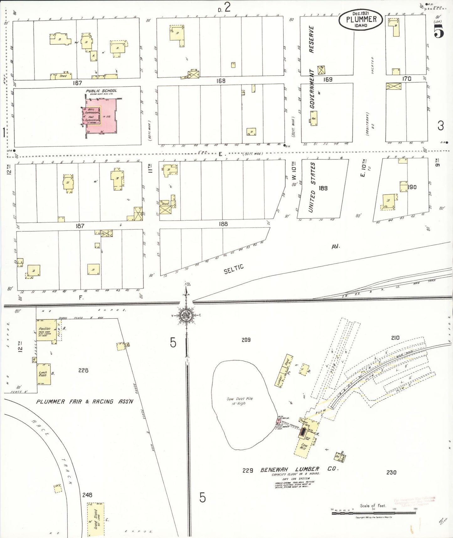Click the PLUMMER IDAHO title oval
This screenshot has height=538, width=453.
(x=361, y=20)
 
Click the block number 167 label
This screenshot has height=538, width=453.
(x=77, y=83)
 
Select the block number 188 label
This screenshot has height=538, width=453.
(x=223, y=224)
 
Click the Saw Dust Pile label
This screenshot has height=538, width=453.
(x=240, y=401)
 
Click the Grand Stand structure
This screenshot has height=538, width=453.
(x=96, y=519)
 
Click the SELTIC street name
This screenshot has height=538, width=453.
(x=234, y=269)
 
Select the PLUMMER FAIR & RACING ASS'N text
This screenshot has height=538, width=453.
(x=85, y=401)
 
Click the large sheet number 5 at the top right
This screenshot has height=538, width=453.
(x=439, y=32)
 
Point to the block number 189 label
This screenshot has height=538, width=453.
(x=323, y=188)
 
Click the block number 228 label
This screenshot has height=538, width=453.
(x=83, y=370)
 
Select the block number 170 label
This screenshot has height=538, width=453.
(x=407, y=79)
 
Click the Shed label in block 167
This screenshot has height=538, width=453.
(x=63, y=76)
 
